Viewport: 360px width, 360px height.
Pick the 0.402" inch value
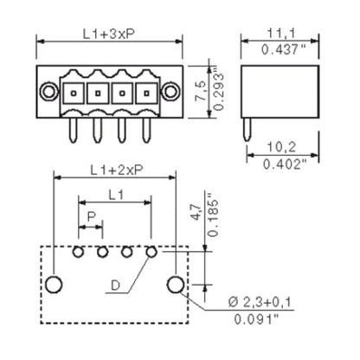pyautogui.click(x=283, y=163)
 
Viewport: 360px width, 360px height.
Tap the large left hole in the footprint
pyautogui.click(x=54, y=285)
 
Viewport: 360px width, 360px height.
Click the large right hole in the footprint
pyautogui.click(x=177, y=285)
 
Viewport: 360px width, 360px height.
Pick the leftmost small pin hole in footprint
pyautogui.click(x=79, y=252)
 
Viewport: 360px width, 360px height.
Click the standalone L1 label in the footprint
pyautogui.click(x=115, y=194)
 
